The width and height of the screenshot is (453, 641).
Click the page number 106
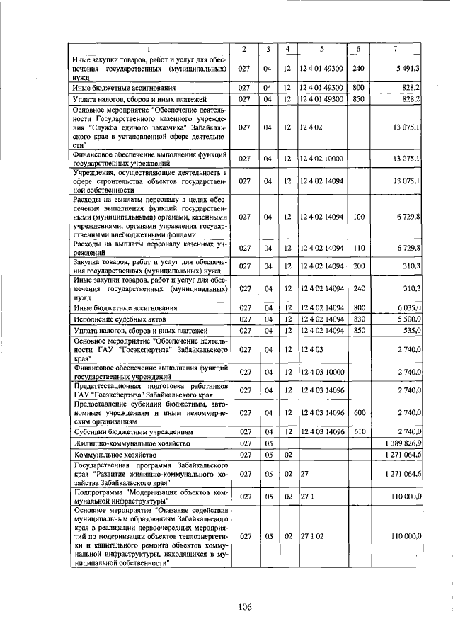245,606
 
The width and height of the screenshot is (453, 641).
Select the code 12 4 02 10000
321,158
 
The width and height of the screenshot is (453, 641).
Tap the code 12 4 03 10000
321,372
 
